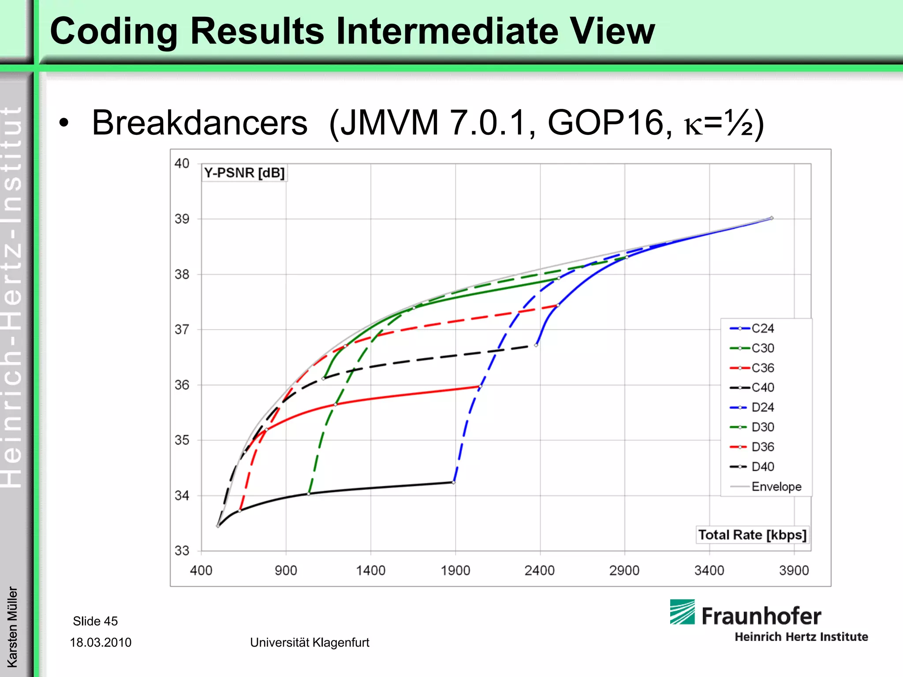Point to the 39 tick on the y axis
coord(182,219)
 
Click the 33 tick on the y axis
coord(182,551)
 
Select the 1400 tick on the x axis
coord(370,570)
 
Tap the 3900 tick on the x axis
coord(794,570)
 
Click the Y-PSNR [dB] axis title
coord(244,173)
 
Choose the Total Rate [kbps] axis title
coord(752,535)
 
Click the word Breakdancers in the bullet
coord(199,123)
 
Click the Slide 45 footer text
coord(95,621)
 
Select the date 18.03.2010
coord(101,642)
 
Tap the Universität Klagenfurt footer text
coord(310,642)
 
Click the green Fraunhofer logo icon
coord(682,612)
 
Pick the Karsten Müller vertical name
coord(12,627)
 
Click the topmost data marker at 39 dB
coord(772,218)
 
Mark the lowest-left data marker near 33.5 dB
coord(218,526)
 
